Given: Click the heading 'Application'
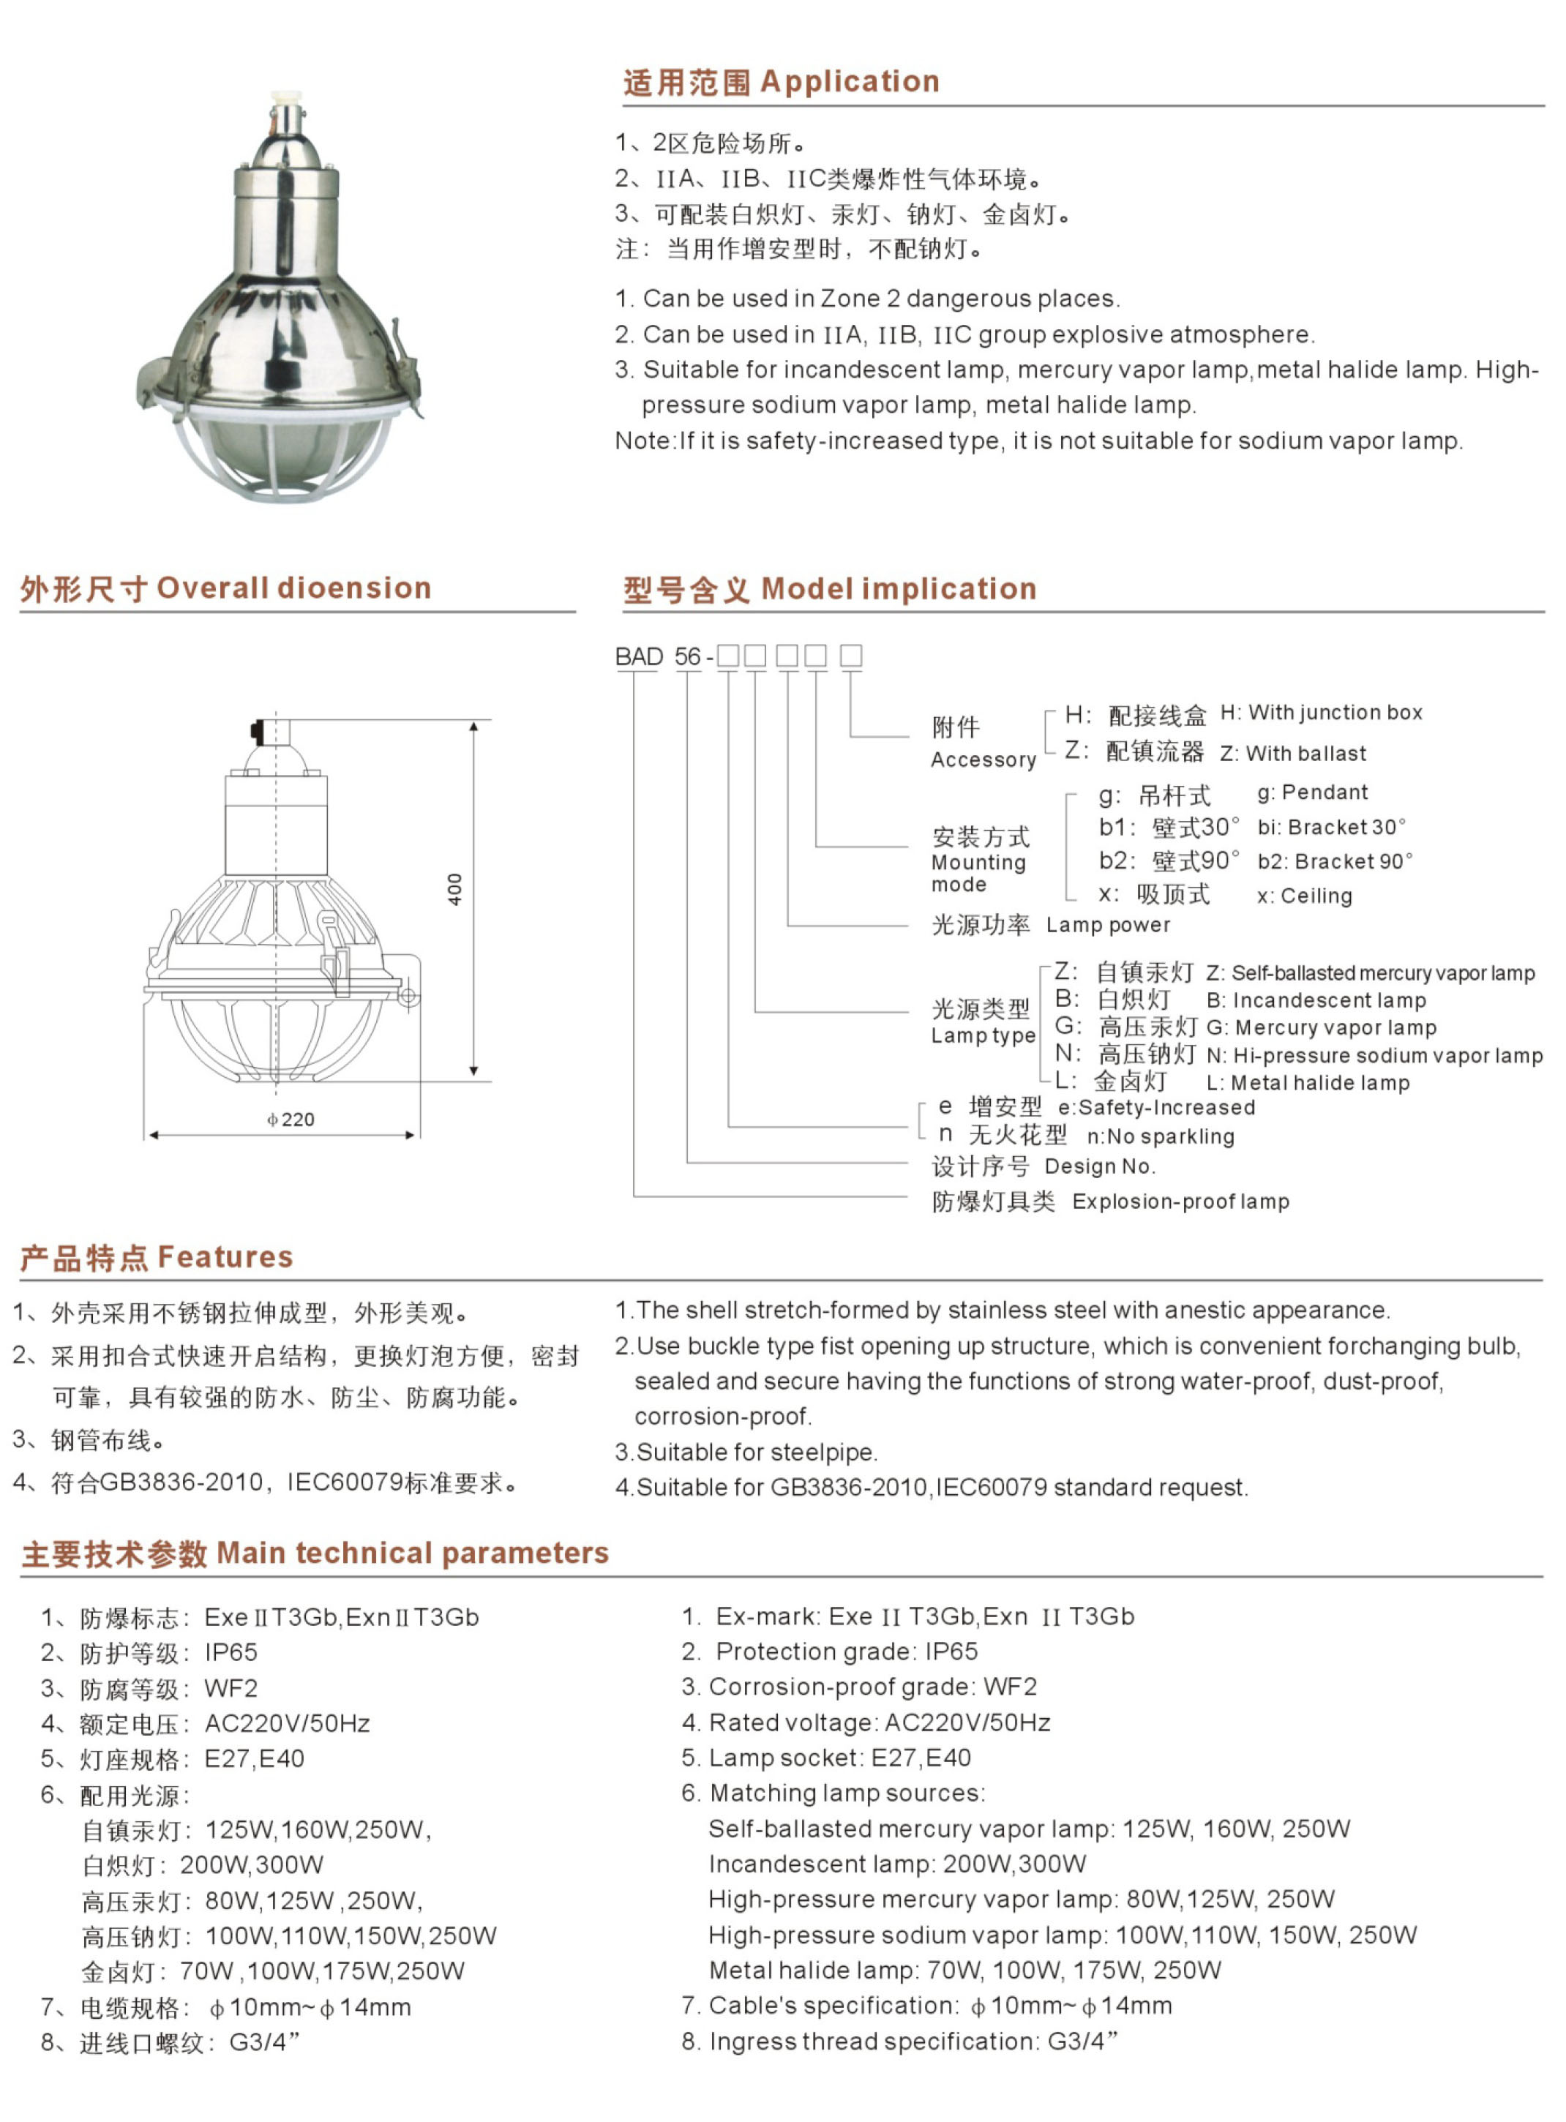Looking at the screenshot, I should pyautogui.click(x=850, y=81).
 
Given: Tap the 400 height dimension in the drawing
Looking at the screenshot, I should pyautogui.click(x=455, y=889).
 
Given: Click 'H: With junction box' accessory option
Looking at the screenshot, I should pyautogui.click(x=1320, y=713).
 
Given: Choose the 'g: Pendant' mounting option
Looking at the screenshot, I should pyautogui.click(x=1312, y=792).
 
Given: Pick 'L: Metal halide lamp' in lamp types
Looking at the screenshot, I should pyautogui.click(x=1308, y=1082).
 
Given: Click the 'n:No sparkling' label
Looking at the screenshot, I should pyautogui.click(x=1161, y=1136).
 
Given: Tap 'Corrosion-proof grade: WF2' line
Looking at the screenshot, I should pyautogui.click(x=872, y=1687).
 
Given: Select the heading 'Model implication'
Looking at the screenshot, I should pyautogui.click(x=898, y=588).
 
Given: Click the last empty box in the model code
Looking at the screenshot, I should pyautogui.click(x=850, y=655).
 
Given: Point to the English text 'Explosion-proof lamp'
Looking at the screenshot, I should pyautogui.click(x=1180, y=1201).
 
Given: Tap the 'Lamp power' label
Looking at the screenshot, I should pyautogui.click(x=1107, y=925).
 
